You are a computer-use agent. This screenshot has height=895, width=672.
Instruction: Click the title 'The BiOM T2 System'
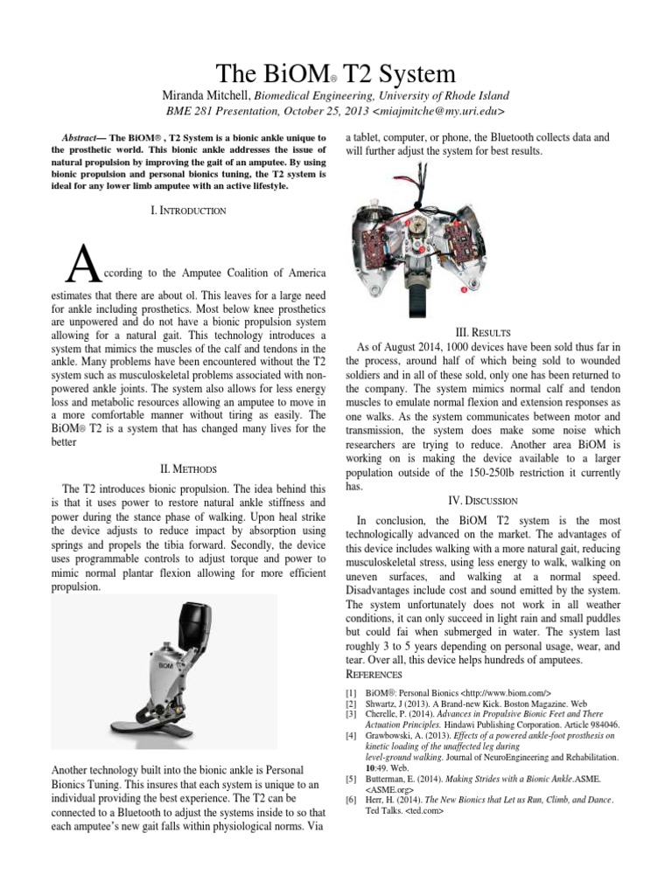[335, 72]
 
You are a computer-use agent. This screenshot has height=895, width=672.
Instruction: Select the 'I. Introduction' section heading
[189, 211]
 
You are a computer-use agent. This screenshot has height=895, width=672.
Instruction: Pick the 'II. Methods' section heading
[189, 468]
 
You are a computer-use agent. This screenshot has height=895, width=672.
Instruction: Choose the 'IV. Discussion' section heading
[483, 500]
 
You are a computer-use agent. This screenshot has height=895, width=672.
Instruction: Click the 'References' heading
[374, 675]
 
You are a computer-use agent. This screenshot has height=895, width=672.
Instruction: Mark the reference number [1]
[352, 690]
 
